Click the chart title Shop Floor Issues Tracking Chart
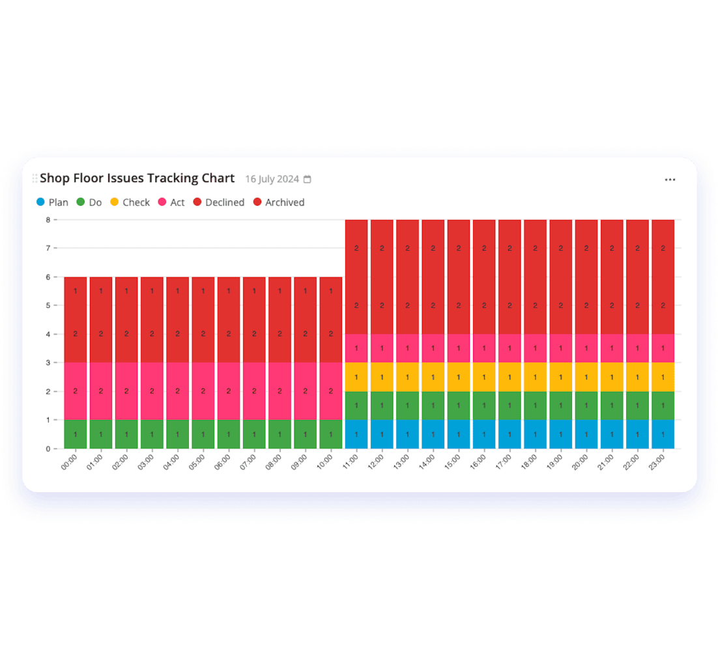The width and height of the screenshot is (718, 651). pos(137,178)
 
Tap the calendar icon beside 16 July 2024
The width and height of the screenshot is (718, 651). pos(308,179)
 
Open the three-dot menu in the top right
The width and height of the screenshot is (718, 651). pos(670,180)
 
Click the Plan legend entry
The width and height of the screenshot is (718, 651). pos(52,202)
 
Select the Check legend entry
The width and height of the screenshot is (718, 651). pos(130,202)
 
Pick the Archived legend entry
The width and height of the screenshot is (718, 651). pos(278,202)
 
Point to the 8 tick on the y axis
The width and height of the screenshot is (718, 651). pos(48,220)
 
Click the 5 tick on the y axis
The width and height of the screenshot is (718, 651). pos(48,305)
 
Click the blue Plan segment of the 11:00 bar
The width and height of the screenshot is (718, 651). pos(356,434)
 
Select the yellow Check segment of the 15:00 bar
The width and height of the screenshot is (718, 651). pos(459,377)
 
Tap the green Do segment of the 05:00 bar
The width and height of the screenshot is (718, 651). pos(203,434)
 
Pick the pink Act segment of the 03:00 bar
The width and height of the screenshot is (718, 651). pos(152,391)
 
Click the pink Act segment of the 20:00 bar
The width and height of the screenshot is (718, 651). pos(586,348)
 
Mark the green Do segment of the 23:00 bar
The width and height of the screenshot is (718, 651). pos(663,406)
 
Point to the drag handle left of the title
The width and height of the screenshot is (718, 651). pos(35,178)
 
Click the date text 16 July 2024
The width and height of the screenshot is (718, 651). pos(272,179)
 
